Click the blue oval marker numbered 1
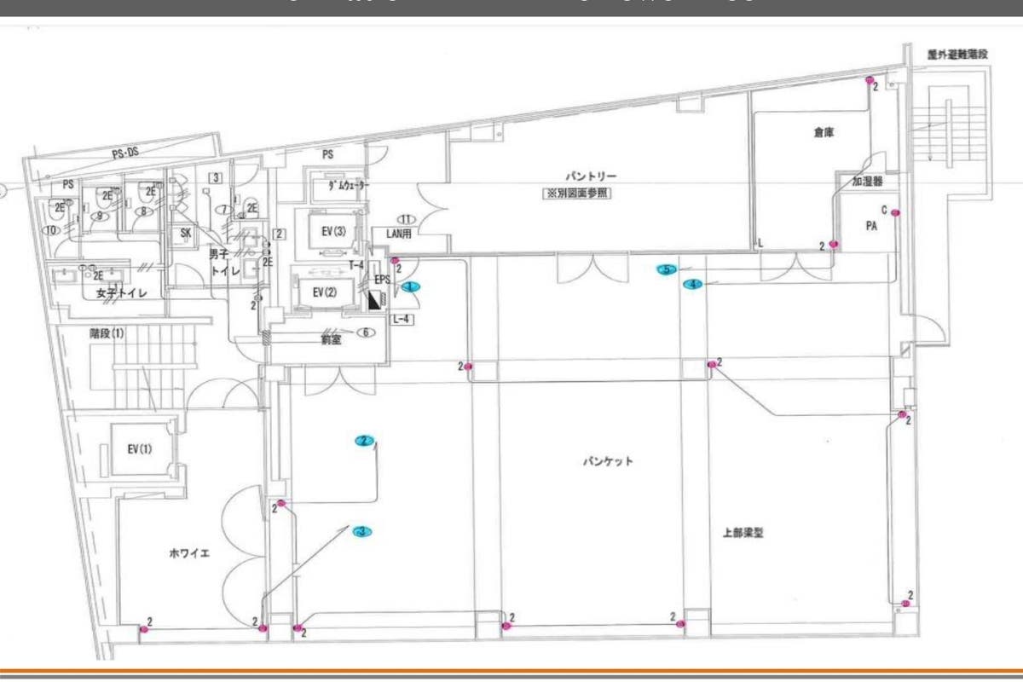pyautogui.click(x=411, y=287)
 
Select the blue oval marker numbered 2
pyautogui.click(x=365, y=441)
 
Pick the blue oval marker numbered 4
pyautogui.click(x=693, y=284)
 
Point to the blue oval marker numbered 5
pyautogui.click(x=667, y=269)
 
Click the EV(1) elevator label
pyautogui.click(x=139, y=448)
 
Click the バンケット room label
pyautogui.click(x=608, y=461)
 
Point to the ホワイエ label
pyautogui.click(x=189, y=553)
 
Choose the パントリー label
pyautogui.click(x=583, y=176)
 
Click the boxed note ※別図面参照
pyautogui.click(x=578, y=194)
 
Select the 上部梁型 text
pyautogui.click(x=742, y=533)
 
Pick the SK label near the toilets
pyautogui.click(x=184, y=233)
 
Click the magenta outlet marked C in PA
pyautogui.click(x=895, y=211)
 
